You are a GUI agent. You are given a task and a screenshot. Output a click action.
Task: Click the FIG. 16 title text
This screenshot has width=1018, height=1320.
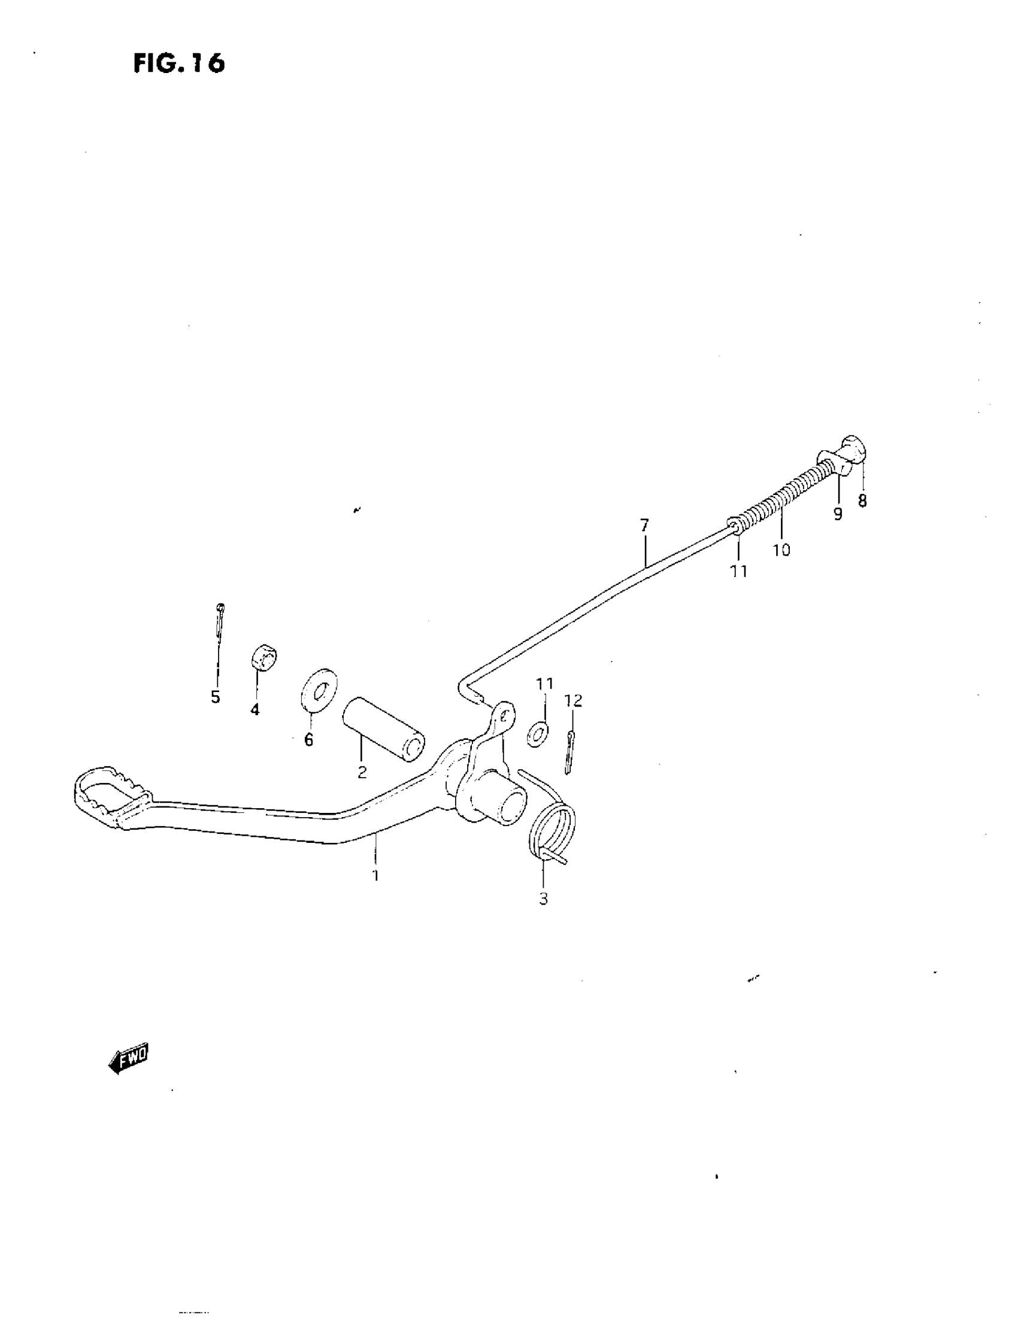pos(179,63)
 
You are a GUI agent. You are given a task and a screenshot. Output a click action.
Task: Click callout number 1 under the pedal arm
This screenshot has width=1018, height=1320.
pos(375,875)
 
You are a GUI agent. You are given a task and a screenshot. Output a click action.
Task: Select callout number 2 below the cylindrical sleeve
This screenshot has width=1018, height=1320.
pos(362,772)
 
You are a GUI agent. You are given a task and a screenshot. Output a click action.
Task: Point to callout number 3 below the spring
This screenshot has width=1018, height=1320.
pos(543,899)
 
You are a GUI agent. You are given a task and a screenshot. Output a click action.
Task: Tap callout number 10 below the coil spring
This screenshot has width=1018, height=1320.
pos(781,550)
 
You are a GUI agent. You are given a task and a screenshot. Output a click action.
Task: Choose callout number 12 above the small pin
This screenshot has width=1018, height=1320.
pos(573,700)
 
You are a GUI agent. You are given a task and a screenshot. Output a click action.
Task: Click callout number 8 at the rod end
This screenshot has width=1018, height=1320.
pos(862,500)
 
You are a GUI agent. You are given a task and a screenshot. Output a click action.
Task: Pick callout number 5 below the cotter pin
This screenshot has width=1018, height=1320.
pos(216,697)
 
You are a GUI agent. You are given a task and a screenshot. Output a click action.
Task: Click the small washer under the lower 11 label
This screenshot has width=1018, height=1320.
pos(537,733)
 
